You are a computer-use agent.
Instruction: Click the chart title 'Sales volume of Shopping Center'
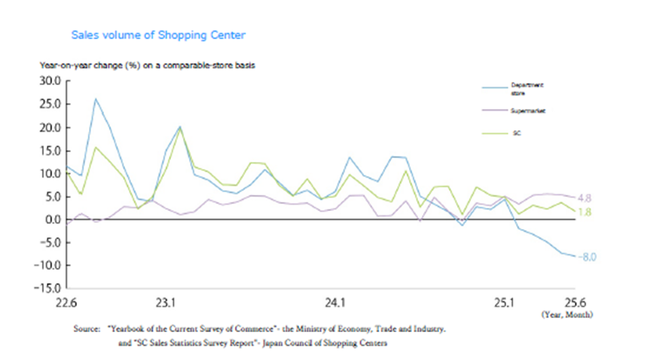(x=157, y=35)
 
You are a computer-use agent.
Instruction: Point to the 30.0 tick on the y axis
(x=50, y=81)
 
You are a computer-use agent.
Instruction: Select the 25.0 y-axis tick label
(x=50, y=105)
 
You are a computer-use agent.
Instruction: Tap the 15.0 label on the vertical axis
(x=50, y=151)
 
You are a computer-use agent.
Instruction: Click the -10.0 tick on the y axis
(x=49, y=265)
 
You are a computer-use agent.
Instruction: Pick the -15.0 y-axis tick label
(x=49, y=288)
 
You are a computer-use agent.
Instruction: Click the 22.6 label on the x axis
(x=67, y=304)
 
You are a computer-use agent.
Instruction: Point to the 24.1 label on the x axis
(x=334, y=304)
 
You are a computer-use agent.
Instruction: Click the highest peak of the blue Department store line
(x=96, y=99)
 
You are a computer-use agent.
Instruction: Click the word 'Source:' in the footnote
(x=86, y=329)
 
